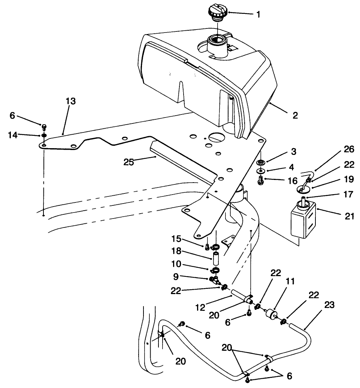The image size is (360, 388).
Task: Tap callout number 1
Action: (x=258, y=15)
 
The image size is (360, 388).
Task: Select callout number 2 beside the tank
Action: (x=295, y=116)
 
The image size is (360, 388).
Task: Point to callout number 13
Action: (x=70, y=101)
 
